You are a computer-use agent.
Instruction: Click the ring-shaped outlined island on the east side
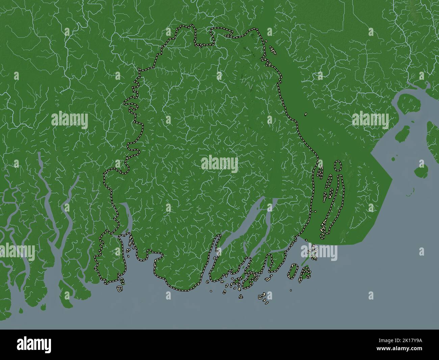click(337, 165)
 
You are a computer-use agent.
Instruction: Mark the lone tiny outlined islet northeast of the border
click(305, 114)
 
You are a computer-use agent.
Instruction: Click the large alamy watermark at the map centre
click(219, 164)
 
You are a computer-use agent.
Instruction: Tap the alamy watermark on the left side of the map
click(70, 120)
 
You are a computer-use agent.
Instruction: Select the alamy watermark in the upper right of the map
click(370, 120)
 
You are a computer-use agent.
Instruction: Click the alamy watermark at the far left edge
click(17, 252)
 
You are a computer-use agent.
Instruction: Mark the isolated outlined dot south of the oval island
click(291, 290)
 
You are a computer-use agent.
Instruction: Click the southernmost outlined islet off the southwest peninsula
click(120, 289)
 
